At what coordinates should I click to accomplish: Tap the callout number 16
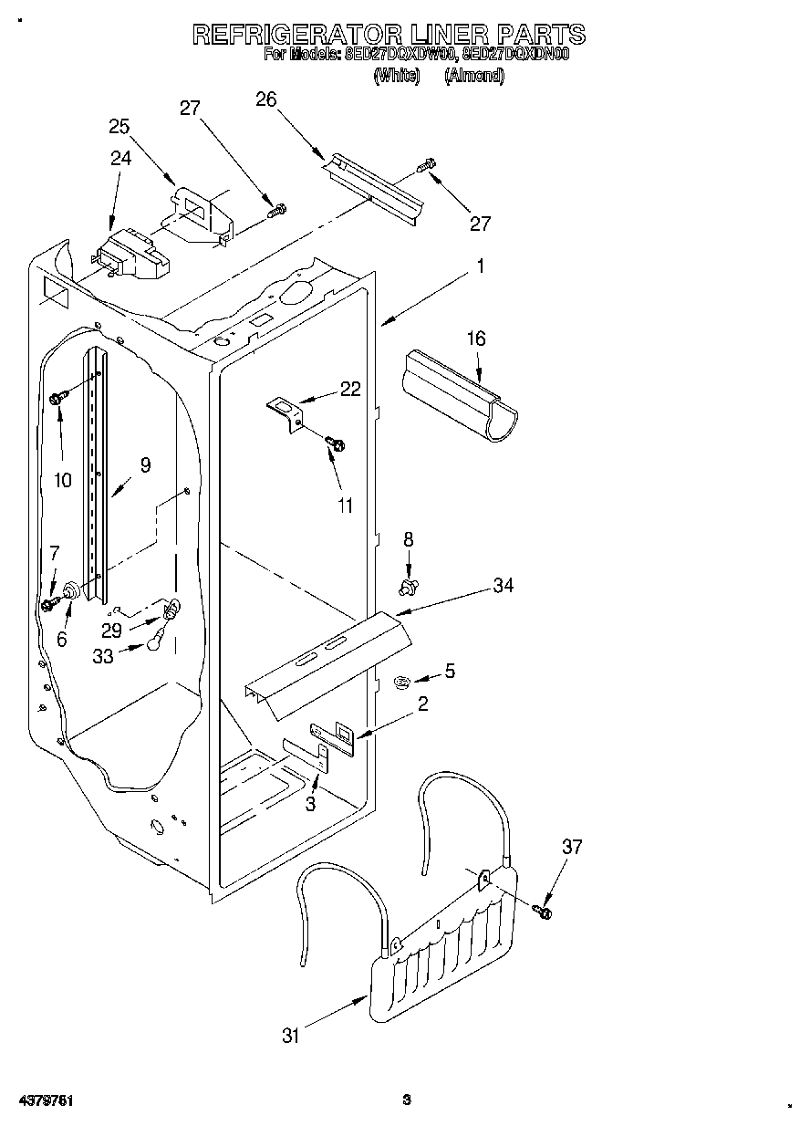coord(476,339)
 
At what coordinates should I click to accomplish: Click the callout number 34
coord(504,586)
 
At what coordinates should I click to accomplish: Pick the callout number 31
coord(291,1035)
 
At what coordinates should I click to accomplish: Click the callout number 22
coord(350,390)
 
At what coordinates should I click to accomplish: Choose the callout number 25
coord(119,126)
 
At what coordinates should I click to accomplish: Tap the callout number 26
coord(266,99)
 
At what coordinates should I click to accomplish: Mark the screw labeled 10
coord(58,398)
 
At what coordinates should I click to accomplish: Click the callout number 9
coord(145,464)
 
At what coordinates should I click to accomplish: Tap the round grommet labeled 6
coord(71,595)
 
